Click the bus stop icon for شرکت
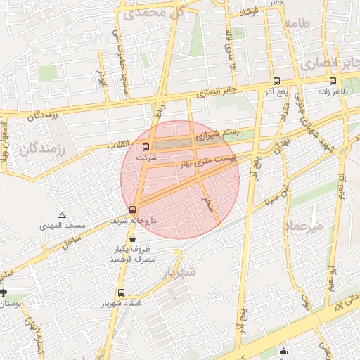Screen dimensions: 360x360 click(146, 148)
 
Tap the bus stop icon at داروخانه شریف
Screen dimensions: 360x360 click(132, 210)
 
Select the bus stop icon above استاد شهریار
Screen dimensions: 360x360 click(122, 292)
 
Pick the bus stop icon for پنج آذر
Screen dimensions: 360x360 click(276, 81)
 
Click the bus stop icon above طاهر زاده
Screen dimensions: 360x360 click(333, 81)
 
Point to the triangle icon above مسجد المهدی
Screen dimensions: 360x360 click(63, 215)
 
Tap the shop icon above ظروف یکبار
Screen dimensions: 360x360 click(133, 239)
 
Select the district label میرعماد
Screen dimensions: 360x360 click(304, 226)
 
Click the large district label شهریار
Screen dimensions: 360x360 click(179, 272)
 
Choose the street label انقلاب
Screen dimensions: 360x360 click(119, 144)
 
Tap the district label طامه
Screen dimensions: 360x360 click(297, 23)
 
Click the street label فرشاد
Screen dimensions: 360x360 click(250, 13)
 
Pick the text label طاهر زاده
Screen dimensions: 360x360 click(333, 92)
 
